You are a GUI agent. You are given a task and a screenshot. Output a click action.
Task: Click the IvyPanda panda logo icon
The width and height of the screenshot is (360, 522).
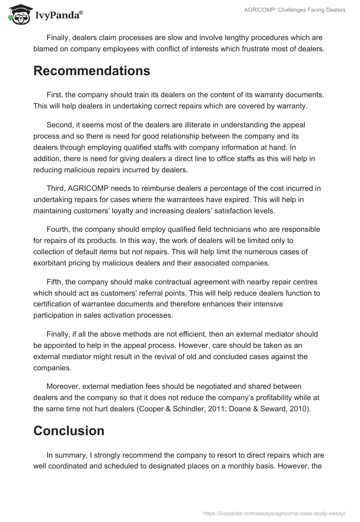coord(17,14)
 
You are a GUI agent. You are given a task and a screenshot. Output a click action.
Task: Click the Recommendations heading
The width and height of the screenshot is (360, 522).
coord(92,71)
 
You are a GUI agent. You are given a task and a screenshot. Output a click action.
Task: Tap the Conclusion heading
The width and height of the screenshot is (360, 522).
coord(69,431)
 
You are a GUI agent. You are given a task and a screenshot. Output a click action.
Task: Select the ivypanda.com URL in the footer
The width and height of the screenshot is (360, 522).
coord(274,513)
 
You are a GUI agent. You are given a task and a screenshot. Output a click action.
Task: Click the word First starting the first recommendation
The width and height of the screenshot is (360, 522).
coord(54,96)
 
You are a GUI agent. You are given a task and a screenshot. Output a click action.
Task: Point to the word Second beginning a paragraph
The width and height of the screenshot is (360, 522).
coord(59,125)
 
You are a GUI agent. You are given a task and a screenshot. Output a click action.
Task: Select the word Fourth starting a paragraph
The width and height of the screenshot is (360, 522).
coord(58,229)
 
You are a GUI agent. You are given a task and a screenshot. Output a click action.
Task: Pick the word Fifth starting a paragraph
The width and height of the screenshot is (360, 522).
coord(55,282)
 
